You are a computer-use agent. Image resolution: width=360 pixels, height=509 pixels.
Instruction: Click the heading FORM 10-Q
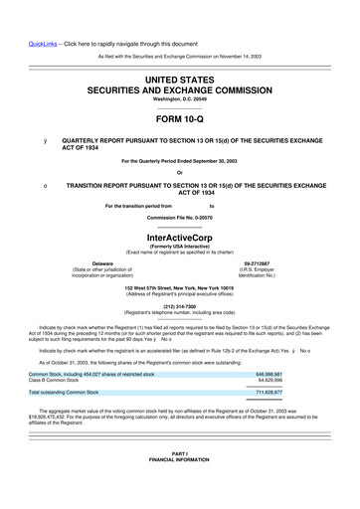pyautogui.click(x=179, y=119)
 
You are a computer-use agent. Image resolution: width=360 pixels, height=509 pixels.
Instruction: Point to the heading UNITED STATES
pyautogui.click(x=179, y=76)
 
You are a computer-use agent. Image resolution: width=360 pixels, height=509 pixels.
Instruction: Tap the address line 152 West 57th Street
pyautogui.click(x=179, y=286)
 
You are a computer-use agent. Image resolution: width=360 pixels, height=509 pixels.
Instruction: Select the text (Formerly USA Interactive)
pyautogui.click(x=179, y=248)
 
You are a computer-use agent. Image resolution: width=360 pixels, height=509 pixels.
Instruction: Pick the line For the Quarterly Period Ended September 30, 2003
pyautogui.click(x=179, y=161)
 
